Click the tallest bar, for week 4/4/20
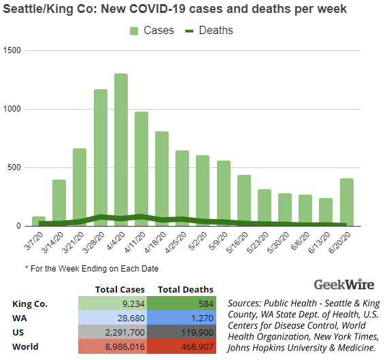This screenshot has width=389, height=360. pos(121,150)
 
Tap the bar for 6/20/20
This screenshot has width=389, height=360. pos(348,201)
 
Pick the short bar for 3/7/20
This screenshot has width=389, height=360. pos(39,220)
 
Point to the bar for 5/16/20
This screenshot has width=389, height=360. pos(244,200)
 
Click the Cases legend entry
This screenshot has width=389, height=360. pos(151,31)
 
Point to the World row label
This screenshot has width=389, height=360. pos(27,346)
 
